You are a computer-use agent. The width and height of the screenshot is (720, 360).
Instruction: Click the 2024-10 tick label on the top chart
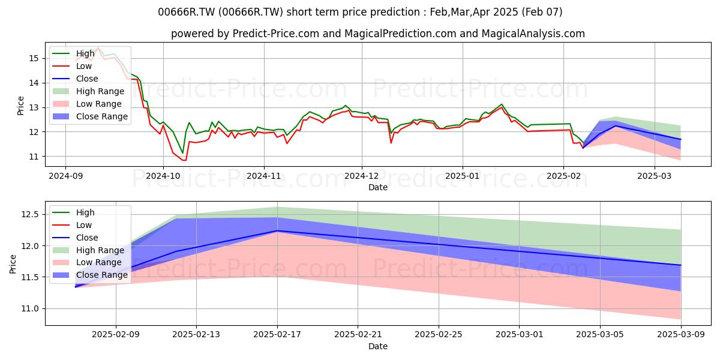pos(163,176)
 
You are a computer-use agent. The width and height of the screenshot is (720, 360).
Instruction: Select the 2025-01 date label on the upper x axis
pos(463,176)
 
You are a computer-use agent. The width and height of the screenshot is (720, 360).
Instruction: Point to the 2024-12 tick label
pos(362,176)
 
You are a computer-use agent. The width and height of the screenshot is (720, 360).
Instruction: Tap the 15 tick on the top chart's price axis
pos(34,59)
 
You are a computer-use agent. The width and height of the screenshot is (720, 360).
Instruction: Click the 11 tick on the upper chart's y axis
pos(34,157)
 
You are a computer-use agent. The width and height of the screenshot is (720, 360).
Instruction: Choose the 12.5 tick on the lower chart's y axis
pos(30,214)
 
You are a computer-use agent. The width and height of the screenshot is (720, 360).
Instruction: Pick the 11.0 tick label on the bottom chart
pos(30,309)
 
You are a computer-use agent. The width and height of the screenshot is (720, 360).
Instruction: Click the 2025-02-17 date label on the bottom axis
pos(277,335)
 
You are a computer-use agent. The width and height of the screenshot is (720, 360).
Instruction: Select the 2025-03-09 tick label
pos(681,335)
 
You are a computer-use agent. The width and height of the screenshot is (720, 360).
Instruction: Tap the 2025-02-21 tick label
pos(358,335)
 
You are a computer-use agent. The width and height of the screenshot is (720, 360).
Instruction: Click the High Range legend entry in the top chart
pos(88,91)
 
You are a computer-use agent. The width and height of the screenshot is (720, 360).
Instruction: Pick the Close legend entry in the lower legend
pos(76,238)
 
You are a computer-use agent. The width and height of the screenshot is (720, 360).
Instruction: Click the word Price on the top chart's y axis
pos(20,106)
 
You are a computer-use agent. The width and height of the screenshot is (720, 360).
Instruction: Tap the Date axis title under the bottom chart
pos(377,346)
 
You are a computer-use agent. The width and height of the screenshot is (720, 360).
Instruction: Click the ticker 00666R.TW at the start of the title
pos(187,12)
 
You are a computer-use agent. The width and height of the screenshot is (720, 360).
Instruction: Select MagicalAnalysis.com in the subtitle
pos(533,34)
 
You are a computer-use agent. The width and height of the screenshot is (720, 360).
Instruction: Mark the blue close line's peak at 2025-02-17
pos(277,231)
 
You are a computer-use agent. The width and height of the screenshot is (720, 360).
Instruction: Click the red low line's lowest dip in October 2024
pos(184,160)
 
